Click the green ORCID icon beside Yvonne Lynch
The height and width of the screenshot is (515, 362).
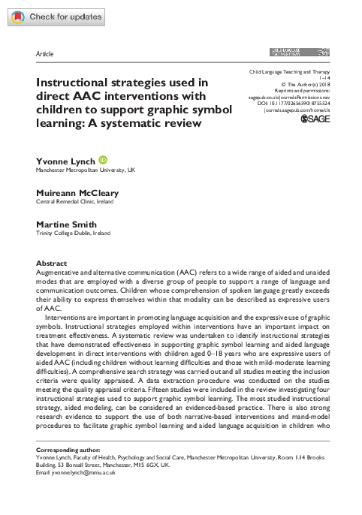click(102, 160)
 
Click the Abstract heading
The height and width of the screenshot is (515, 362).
click(52, 264)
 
